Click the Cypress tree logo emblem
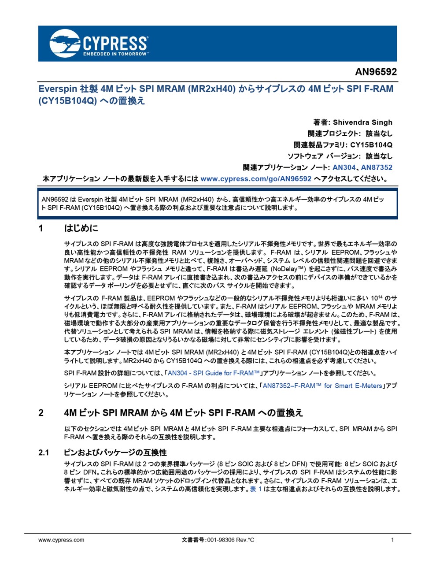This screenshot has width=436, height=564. [65, 43]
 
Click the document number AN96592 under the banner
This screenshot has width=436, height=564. [376, 72]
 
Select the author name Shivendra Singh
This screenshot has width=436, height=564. [362, 122]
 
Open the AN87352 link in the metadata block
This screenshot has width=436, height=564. [377, 167]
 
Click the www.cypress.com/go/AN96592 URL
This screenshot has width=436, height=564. [256, 179]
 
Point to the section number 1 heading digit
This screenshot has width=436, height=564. [41, 228]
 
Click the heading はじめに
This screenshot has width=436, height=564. [81, 228]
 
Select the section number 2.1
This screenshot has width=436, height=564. [44, 453]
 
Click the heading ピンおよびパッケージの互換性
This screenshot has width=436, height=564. [115, 453]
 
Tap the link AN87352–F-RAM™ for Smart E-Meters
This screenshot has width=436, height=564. [322, 386]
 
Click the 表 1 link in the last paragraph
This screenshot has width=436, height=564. [256, 489]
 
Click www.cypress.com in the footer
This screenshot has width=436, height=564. [61, 540]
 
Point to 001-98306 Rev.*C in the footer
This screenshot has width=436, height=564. [230, 540]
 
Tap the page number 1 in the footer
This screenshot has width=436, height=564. [392, 540]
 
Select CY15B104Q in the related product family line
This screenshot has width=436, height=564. [371, 145]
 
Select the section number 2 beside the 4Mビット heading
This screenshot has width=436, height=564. [41, 413]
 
